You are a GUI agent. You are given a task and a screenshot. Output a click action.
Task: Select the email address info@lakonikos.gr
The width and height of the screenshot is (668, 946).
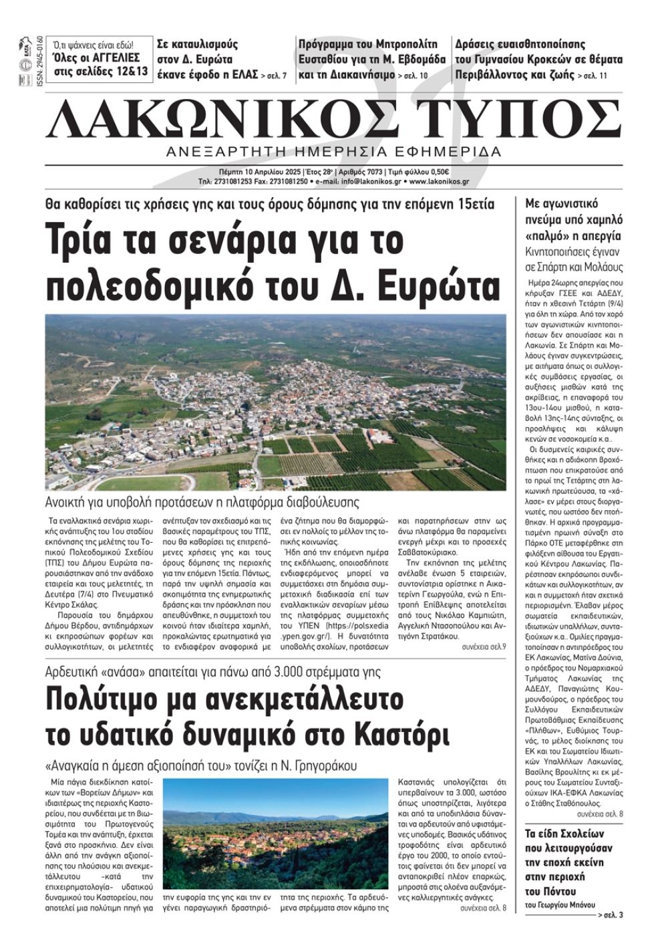[x=361, y=181]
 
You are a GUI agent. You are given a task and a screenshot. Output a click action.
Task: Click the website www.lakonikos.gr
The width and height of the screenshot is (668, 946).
[x=438, y=181]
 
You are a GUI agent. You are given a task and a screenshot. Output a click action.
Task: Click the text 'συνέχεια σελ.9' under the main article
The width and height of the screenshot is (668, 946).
[x=484, y=646]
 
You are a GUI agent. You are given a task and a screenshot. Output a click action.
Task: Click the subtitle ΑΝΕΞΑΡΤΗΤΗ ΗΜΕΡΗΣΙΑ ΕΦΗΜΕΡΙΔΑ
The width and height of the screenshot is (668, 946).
[x=334, y=151]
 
